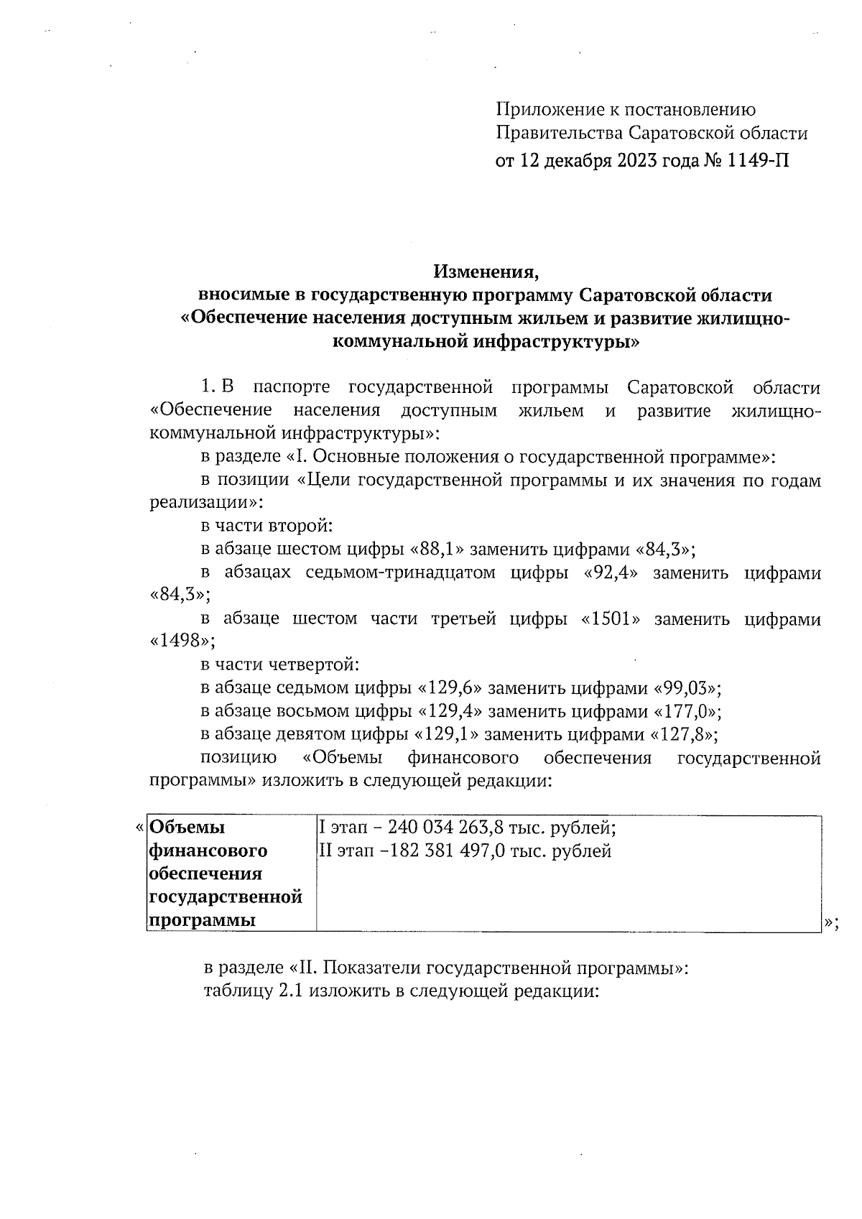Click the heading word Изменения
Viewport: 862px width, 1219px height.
(x=486, y=272)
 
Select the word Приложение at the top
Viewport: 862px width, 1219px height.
(x=543, y=110)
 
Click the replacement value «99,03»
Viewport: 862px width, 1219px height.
(x=685, y=688)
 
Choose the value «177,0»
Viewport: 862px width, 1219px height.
(x=685, y=711)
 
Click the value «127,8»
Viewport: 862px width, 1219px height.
(x=682, y=734)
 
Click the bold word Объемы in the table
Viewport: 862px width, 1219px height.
(x=187, y=828)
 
